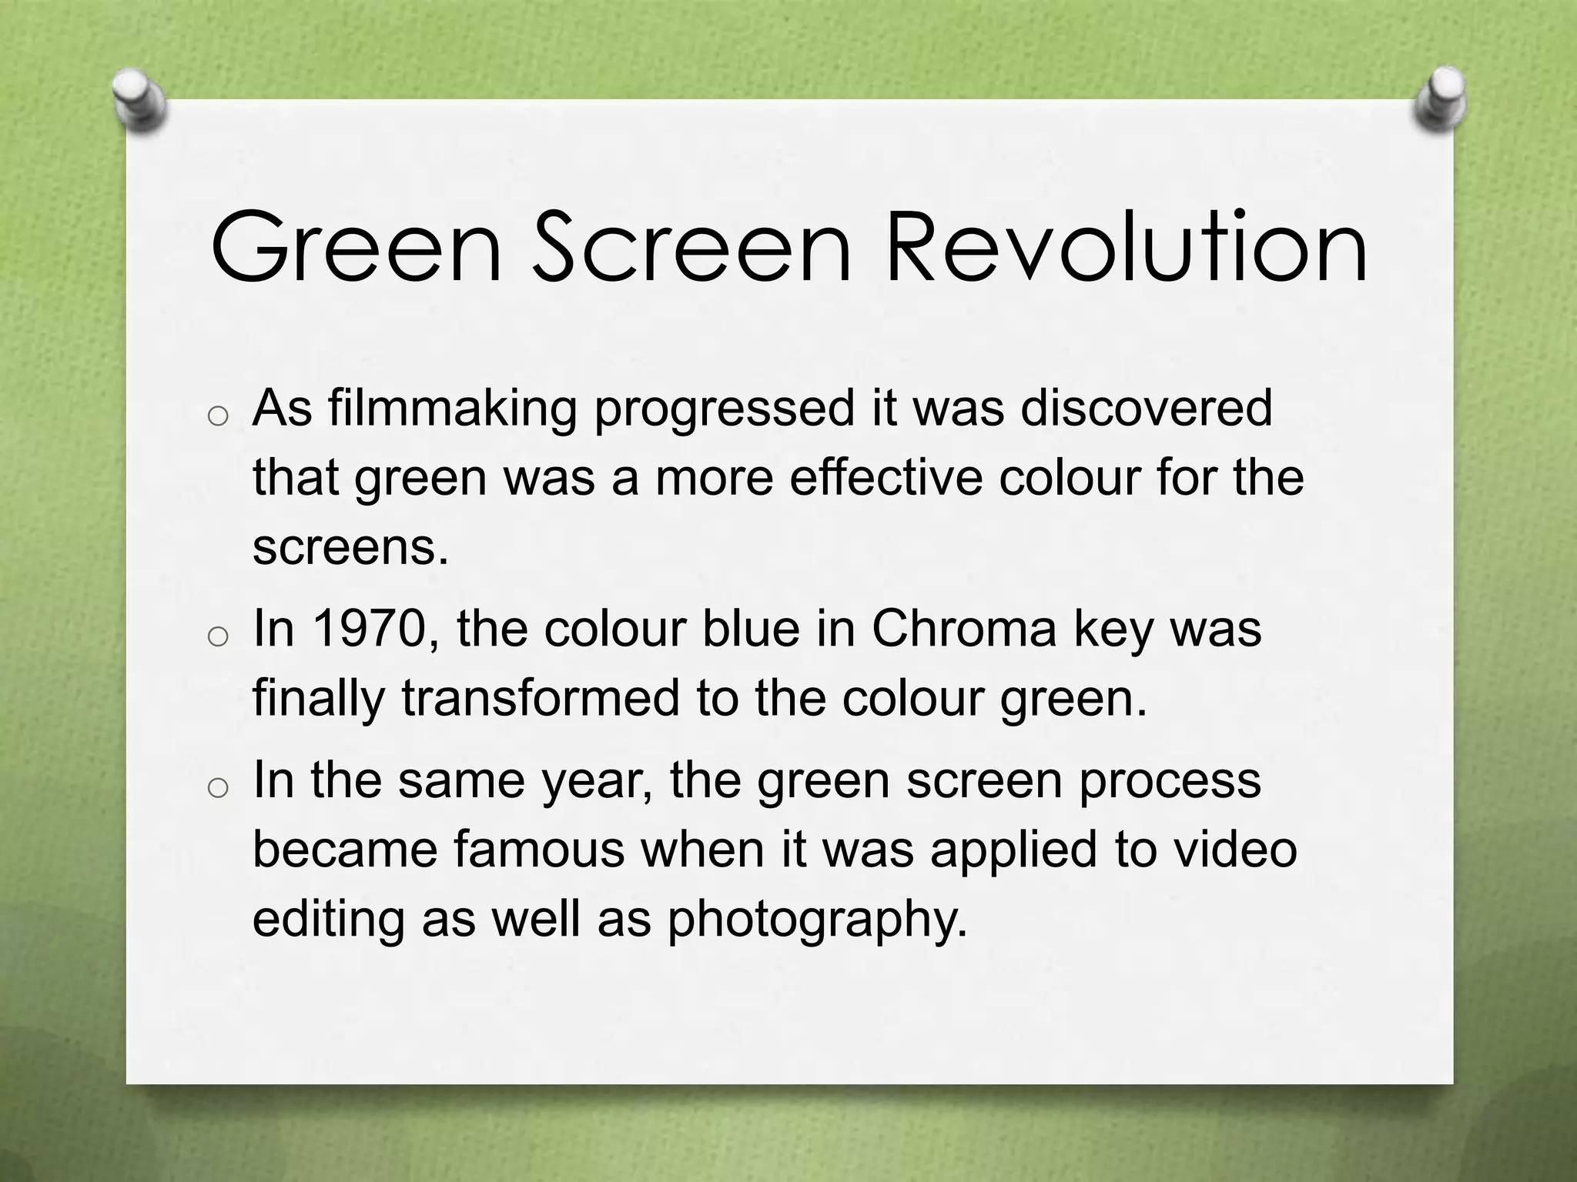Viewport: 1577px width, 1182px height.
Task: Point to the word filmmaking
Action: (x=453, y=409)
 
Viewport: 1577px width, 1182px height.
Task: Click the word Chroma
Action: (x=964, y=629)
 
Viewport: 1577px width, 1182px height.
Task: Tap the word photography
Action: (x=816, y=920)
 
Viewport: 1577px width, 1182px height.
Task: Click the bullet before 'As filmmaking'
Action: (x=218, y=416)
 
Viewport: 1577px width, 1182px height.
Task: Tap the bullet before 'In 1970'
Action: (x=218, y=637)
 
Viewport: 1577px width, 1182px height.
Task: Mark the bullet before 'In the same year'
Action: (x=218, y=787)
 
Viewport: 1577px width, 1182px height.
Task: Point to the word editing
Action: (x=329, y=920)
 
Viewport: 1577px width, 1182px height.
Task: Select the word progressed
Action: (x=724, y=409)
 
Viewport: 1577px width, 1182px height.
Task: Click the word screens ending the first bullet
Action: (x=350, y=547)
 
